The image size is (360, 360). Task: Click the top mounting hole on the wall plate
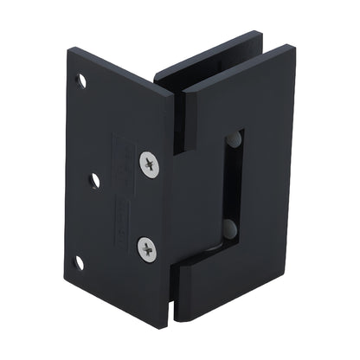click(82, 81)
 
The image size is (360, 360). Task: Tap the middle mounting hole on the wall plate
click(94, 181)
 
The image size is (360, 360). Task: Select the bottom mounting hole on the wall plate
click(79, 261)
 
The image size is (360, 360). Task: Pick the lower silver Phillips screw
click(149, 249)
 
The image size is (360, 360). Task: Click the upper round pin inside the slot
click(234, 139)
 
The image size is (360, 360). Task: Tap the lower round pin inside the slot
click(229, 229)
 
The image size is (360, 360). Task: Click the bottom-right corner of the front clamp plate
click(281, 294)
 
